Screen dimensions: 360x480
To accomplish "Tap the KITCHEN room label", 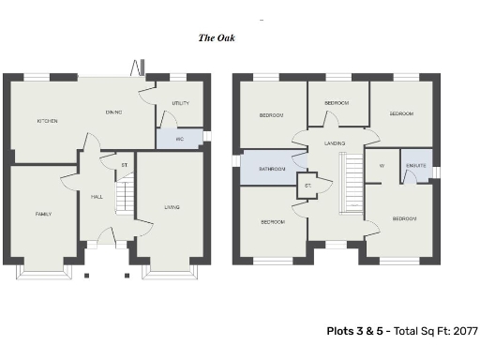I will pos(47,121).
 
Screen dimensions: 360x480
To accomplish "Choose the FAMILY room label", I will pos(43,214).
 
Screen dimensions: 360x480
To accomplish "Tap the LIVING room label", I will pos(172,207).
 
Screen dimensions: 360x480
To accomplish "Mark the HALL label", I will pos(97,197).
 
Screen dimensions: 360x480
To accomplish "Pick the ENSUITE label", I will pos(416,165).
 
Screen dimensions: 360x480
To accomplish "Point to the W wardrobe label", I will pos(382,165).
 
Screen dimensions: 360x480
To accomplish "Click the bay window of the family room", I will pos(43,270).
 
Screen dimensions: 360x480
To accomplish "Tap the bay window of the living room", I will pos(170,270).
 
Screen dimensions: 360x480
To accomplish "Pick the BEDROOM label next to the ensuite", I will pos(404,218).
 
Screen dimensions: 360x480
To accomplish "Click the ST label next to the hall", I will pos(124,166).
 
